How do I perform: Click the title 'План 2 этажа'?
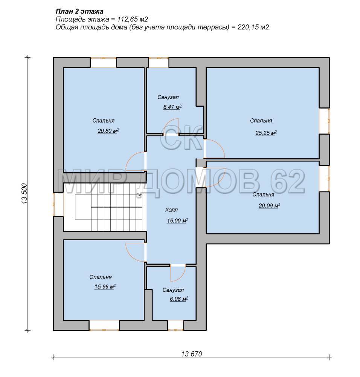[79, 11]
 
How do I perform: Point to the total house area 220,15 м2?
[253, 27]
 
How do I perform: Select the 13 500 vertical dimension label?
[25, 194]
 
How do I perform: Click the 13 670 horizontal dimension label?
[192, 354]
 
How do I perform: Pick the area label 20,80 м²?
[108, 131]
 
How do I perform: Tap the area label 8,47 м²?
[172, 107]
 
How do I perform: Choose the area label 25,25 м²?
[266, 133]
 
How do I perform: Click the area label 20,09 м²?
[270, 205]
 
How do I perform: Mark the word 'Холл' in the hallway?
[171, 210]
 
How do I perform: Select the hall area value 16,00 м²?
[177, 221]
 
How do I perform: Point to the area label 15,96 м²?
[105, 287]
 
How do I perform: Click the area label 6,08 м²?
[178, 299]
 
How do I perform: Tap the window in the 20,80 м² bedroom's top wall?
[103, 63]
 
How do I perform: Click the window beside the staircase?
[58, 204]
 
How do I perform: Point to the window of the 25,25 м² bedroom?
[324, 121]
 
